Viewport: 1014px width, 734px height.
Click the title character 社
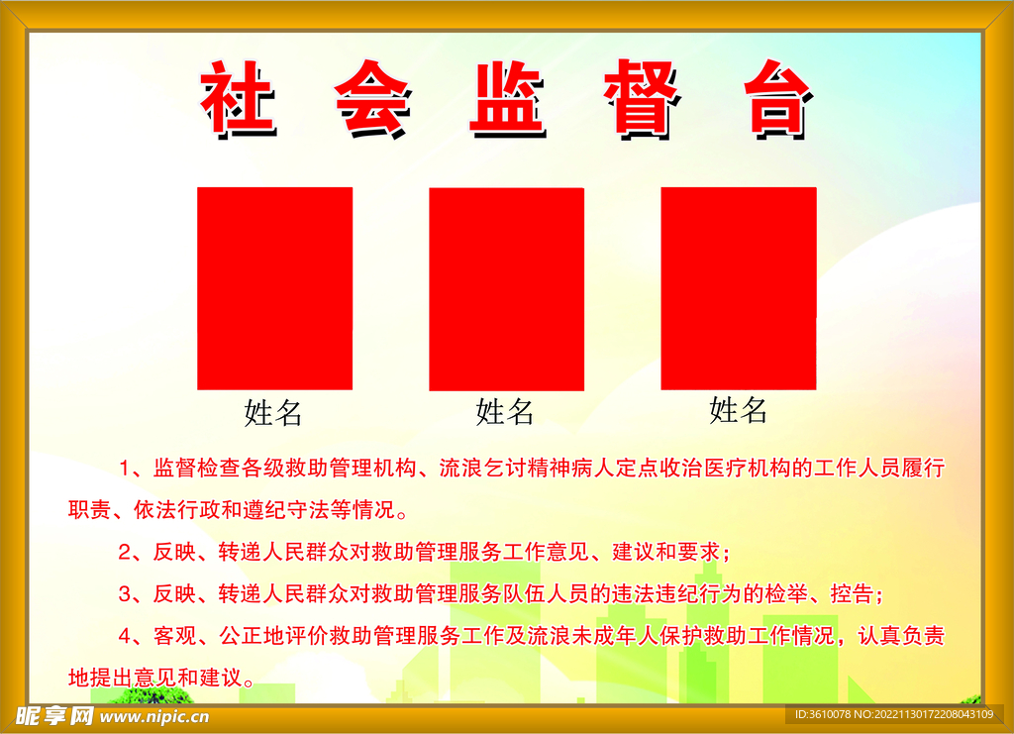[x=238, y=98]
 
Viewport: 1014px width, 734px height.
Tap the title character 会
[x=371, y=98]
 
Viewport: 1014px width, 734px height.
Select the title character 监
[x=507, y=98]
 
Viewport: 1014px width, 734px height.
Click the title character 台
[x=777, y=98]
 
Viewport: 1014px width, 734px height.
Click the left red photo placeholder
[x=274, y=288]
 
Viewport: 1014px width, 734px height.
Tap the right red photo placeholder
[x=739, y=288]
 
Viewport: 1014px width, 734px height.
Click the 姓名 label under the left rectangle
[x=273, y=413]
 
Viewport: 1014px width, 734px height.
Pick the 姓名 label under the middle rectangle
[x=505, y=411]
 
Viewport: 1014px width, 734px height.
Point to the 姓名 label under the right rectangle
[x=739, y=409]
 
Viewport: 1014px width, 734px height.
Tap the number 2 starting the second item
[x=125, y=552]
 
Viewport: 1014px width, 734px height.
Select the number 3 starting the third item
[x=125, y=594]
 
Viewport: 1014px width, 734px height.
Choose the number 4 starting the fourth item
[x=125, y=636]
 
